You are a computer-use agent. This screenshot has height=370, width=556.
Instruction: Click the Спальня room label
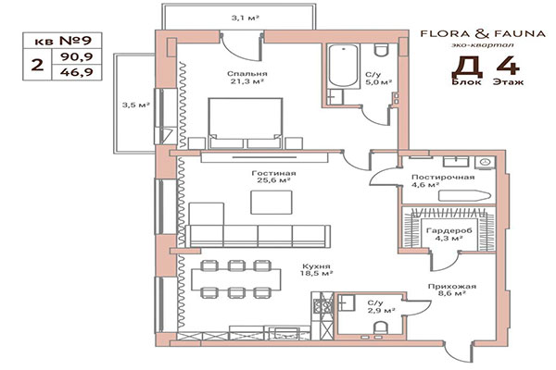246,74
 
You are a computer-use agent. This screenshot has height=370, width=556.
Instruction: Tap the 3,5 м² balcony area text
135,105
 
